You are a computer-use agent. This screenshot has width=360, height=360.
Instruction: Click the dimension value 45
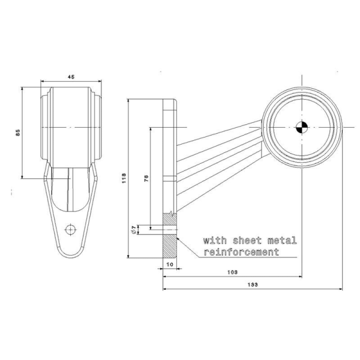71,77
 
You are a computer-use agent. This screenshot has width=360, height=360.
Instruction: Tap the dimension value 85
18,133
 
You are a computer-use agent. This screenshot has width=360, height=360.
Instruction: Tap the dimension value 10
170,263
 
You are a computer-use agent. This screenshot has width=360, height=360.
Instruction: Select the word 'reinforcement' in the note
242,252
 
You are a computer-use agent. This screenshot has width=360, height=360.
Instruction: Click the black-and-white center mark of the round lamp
301,127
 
